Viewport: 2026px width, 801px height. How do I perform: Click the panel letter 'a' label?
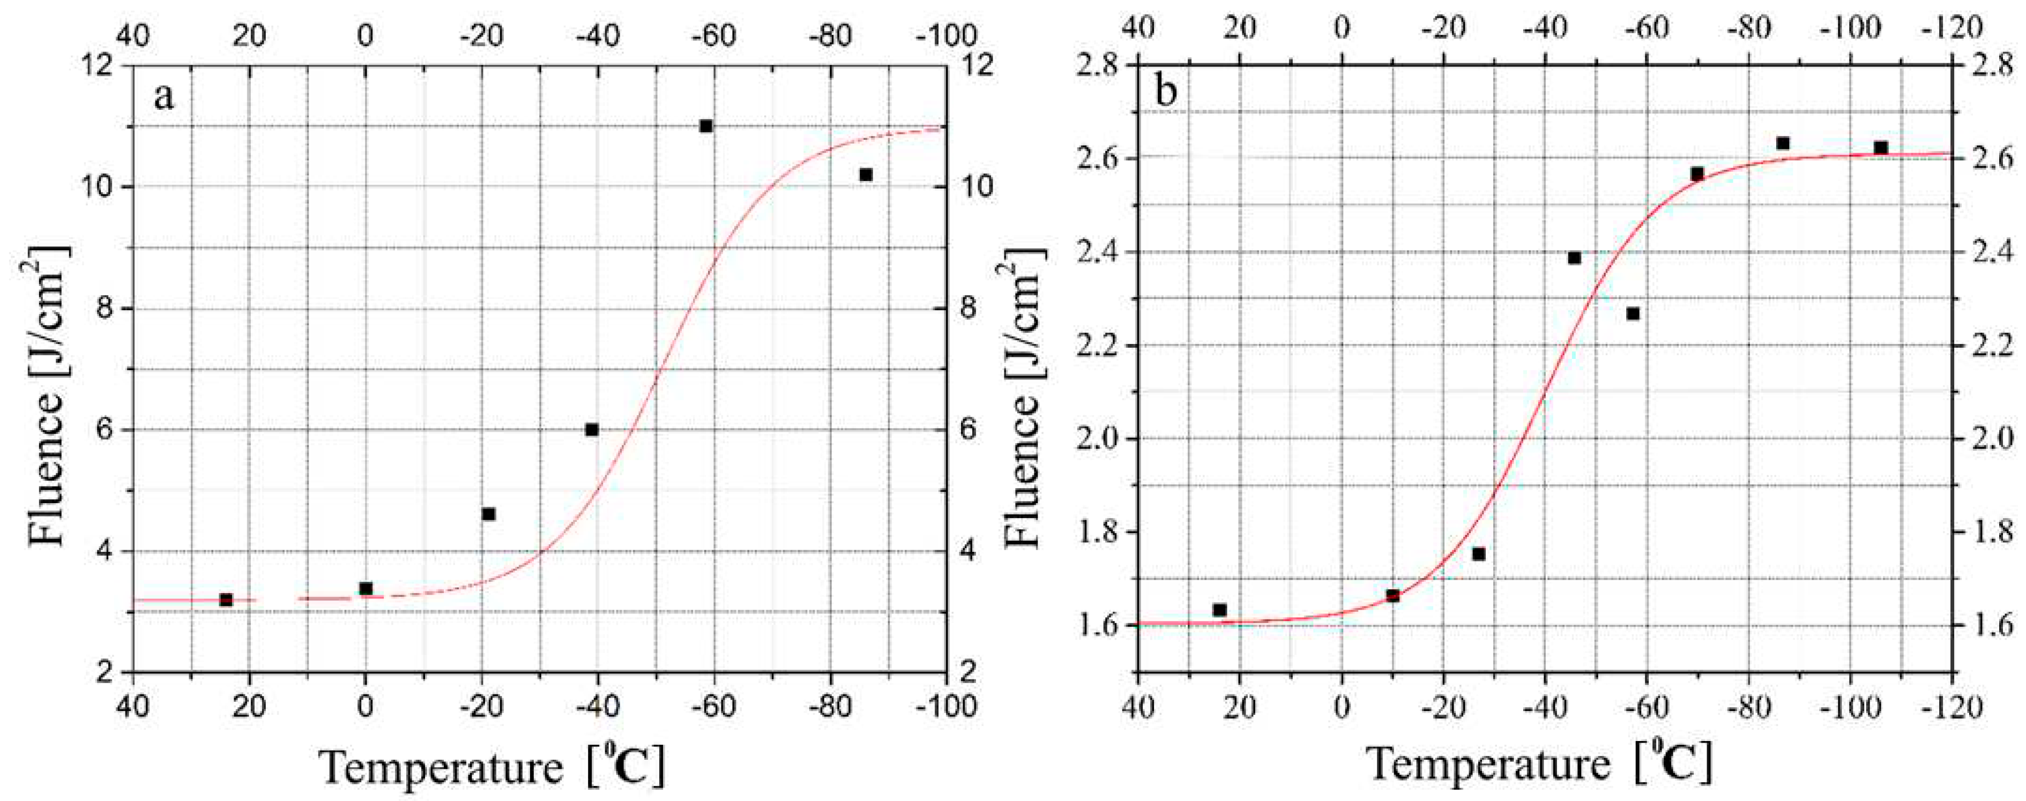pos(163,98)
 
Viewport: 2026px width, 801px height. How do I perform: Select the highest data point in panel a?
pos(705,126)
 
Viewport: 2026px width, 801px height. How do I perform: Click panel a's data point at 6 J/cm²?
pos(591,429)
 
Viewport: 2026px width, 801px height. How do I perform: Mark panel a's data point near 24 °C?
pos(226,600)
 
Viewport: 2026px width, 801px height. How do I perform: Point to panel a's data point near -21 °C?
pos(488,514)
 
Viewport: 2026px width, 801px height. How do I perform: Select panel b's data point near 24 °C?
pos(1220,610)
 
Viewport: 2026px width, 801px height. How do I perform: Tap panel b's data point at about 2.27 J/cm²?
pos(1633,313)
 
